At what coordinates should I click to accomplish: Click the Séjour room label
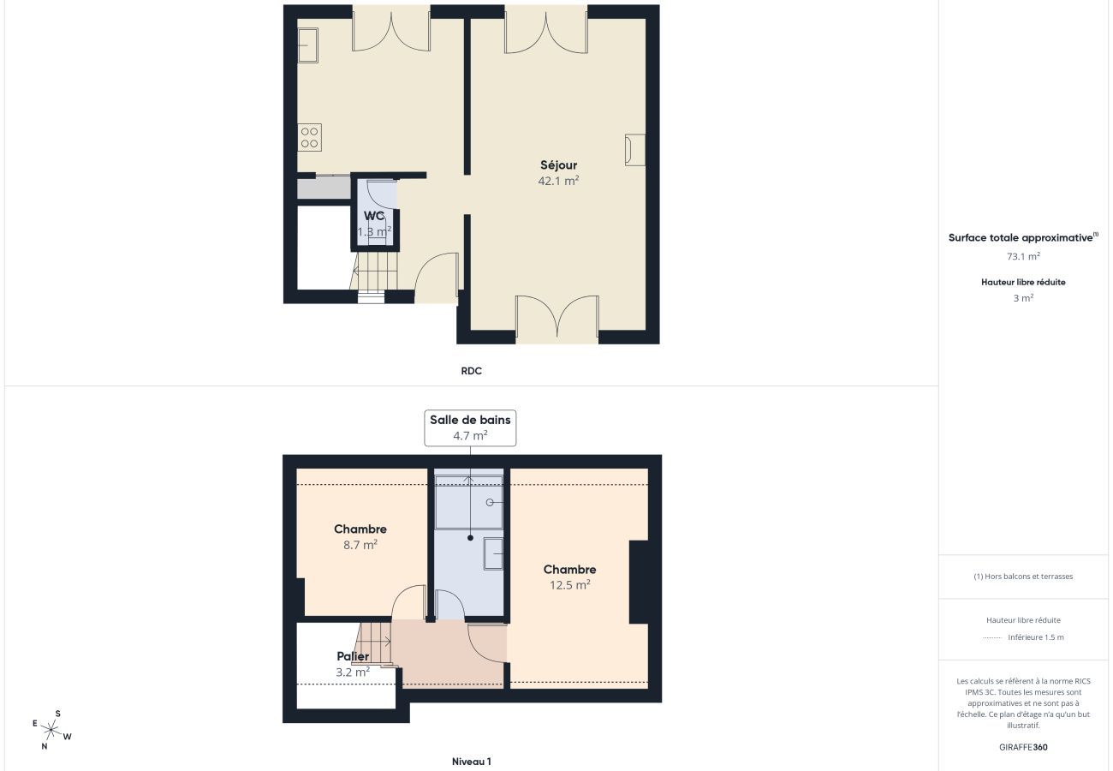coord(558,164)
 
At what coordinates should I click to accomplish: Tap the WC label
coord(374,216)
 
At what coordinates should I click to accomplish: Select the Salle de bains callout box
coord(470,427)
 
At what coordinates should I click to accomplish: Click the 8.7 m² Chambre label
coord(360,529)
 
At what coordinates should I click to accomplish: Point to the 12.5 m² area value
coord(569,585)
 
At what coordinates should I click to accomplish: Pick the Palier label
coord(353,656)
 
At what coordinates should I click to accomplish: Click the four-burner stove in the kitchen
coord(310,137)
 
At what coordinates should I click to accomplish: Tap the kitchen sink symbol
coord(307,45)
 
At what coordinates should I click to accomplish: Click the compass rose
coord(51,730)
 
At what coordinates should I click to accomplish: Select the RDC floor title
coord(471,371)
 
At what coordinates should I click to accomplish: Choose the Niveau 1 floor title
coord(471,762)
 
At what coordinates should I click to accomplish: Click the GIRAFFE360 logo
coord(1023,747)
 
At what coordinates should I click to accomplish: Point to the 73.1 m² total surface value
coord(1023,256)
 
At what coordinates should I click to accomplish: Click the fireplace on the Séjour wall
coord(634,149)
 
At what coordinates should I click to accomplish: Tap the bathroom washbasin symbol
coord(493,553)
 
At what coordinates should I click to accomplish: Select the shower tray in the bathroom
coord(468,503)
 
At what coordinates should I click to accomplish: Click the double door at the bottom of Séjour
coord(556,319)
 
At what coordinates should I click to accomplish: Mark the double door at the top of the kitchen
coord(391,27)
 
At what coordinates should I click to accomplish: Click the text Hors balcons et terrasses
coord(1023,577)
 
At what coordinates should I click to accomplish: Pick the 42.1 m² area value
coord(558,181)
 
